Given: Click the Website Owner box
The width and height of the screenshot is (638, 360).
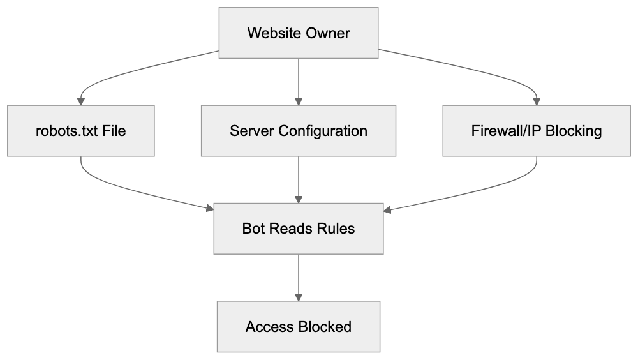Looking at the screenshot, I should coord(299,33).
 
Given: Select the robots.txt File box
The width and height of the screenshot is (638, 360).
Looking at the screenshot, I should coord(81,131).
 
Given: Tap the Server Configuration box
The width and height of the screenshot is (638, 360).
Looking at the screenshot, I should coord(299,131).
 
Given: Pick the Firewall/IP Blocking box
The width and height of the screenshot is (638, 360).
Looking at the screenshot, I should coord(536,131).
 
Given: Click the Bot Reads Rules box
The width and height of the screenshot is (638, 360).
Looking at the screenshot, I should coord(299,229).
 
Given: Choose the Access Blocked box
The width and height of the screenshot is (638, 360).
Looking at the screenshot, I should coord(299,327).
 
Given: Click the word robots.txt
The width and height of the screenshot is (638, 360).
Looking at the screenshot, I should coord(66,131).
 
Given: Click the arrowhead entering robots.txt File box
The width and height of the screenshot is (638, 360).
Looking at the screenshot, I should coord(81,101).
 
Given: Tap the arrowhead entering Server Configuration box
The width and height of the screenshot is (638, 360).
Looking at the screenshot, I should coord(299,101).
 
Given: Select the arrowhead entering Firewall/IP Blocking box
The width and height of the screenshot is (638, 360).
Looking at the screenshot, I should coord(536,101).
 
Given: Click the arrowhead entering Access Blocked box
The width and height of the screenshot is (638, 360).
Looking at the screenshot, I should coord(299,297).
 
